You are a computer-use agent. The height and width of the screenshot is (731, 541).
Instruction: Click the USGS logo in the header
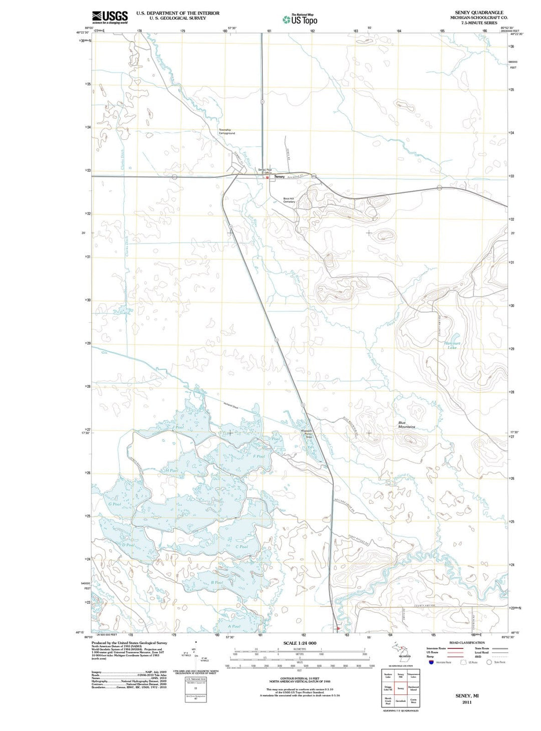[x=110, y=18]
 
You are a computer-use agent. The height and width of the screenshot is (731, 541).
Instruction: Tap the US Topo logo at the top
[x=300, y=20]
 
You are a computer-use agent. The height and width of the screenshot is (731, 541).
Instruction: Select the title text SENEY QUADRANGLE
[x=479, y=13]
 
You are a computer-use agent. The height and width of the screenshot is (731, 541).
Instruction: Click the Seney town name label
[x=280, y=177]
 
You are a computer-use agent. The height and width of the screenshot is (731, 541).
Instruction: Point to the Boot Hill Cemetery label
[x=289, y=200]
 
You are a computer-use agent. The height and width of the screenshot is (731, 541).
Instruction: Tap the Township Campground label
[x=226, y=132]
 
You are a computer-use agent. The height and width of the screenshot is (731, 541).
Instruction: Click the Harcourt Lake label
[x=452, y=345]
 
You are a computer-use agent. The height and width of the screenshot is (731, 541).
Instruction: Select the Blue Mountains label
[x=406, y=425]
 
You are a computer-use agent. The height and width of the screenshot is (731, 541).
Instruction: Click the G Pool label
[x=115, y=504]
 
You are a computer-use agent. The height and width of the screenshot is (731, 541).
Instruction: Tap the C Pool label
[x=241, y=547]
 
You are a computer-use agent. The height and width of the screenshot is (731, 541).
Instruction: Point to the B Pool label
[x=217, y=583]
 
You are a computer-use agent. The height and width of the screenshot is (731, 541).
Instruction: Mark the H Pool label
[x=171, y=470]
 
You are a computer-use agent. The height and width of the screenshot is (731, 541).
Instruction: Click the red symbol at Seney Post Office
[x=267, y=177]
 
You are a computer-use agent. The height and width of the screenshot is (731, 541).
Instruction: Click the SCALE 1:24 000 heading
[x=300, y=643]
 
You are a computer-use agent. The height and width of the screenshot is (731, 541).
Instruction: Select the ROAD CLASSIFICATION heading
[x=467, y=642]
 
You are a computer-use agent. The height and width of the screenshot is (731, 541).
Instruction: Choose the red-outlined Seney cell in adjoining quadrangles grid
[x=400, y=688]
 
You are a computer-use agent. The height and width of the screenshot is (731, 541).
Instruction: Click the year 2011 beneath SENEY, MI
[x=467, y=702]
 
